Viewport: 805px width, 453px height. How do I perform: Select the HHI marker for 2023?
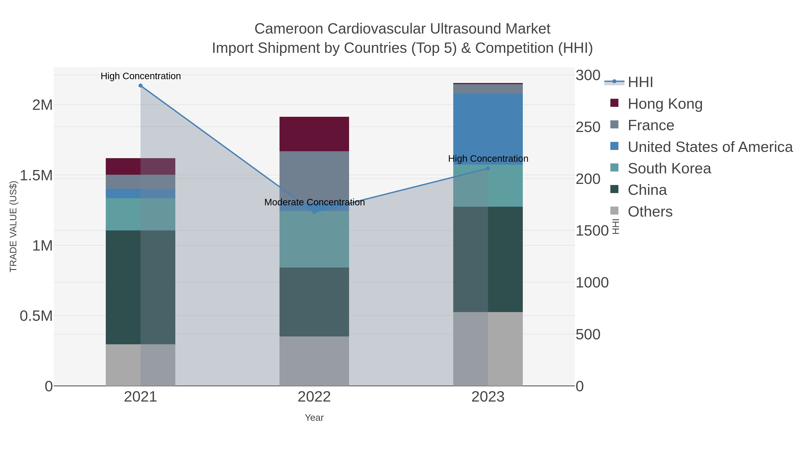pos(488,168)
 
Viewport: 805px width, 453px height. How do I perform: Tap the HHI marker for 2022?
pos(314,212)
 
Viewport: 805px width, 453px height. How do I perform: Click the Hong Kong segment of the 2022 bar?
pos(314,134)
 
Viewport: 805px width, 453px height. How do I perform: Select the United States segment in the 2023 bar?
pos(488,129)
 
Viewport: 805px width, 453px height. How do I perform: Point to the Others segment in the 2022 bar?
pos(314,361)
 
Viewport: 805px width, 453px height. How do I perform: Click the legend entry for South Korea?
pos(669,168)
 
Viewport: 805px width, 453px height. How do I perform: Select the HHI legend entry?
pos(640,82)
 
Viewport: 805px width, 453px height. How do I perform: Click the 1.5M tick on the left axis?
pos(36,176)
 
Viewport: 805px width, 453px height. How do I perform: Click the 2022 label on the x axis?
pos(314,397)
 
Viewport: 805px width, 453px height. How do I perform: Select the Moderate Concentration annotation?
pos(314,202)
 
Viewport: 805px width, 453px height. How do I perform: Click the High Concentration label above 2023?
pos(488,159)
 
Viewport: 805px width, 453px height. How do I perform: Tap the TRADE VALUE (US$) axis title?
pos(13,226)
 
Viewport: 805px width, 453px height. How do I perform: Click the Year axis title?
pos(314,418)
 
